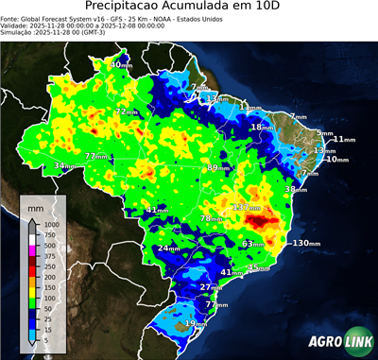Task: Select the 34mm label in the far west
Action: pos(65,165)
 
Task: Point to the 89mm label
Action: pos(218,167)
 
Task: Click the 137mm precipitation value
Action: pos(248,206)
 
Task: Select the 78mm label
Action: pos(211,219)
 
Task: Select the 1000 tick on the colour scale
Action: pos(51,225)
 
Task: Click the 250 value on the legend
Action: pos(49,267)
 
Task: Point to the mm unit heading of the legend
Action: pos(37,206)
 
